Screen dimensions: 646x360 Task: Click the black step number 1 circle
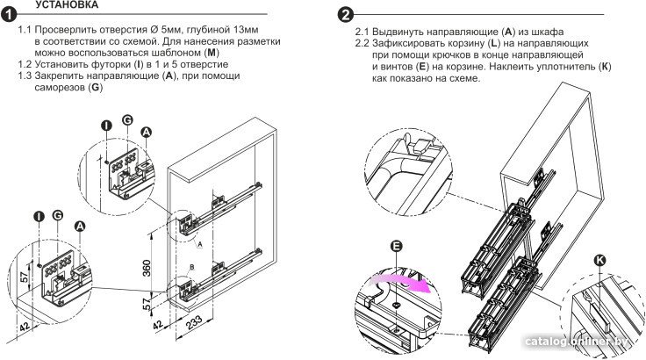click(x=8, y=15)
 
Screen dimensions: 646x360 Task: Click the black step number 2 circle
click(x=345, y=15)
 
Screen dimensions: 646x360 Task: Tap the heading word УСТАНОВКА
click(x=67, y=5)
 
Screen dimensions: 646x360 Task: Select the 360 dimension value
click(x=147, y=268)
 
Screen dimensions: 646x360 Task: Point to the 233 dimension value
click(x=194, y=322)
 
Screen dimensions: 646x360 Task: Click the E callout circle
click(x=396, y=246)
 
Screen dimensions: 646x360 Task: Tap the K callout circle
click(x=599, y=260)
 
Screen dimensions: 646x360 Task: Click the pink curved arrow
click(x=402, y=282)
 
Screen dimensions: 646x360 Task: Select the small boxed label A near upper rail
click(x=200, y=244)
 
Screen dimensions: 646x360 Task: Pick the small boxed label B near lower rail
click(x=191, y=267)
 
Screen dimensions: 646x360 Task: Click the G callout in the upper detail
click(x=127, y=120)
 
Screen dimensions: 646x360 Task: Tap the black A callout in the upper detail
click(x=147, y=132)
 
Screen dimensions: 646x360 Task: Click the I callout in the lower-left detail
click(x=39, y=217)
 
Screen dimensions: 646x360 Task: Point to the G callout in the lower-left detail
click(x=58, y=215)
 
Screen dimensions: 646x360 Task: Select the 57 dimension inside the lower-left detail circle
click(x=25, y=276)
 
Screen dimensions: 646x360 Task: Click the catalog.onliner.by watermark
click(x=577, y=341)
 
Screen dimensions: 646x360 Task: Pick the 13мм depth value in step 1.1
click(x=246, y=30)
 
